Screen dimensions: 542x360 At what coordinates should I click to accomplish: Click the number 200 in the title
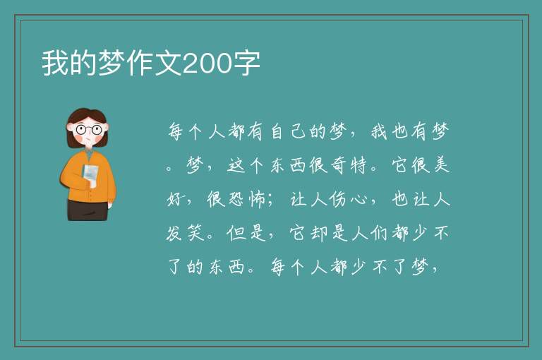pyautogui.click(x=207, y=64)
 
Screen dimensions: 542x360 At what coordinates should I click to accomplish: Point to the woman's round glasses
pyautogui.click(x=89, y=130)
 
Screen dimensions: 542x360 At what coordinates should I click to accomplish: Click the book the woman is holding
pyautogui.click(x=90, y=175)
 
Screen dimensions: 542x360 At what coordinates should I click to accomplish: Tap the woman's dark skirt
pyautogui.click(x=87, y=210)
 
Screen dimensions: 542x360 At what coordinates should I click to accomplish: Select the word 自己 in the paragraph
pyautogui.click(x=288, y=132)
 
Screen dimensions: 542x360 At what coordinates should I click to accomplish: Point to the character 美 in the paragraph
pyautogui.click(x=441, y=164)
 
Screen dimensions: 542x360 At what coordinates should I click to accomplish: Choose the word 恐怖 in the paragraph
pyautogui.click(x=236, y=199)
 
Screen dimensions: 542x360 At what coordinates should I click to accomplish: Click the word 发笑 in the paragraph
pyautogui.click(x=185, y=233)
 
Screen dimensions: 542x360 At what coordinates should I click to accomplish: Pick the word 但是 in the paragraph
pyautogui.click(x=246, y=233)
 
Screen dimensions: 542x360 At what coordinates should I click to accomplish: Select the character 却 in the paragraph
pyautogui.click(x=318, y=233)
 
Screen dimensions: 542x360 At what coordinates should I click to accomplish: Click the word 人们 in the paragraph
pyautogui.click(x=369, y=233)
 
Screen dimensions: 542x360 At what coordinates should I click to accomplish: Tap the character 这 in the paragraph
pyautogui.click(x=236, y=165)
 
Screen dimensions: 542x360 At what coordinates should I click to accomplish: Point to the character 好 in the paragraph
pyautogui.click(x=175, y=199)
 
